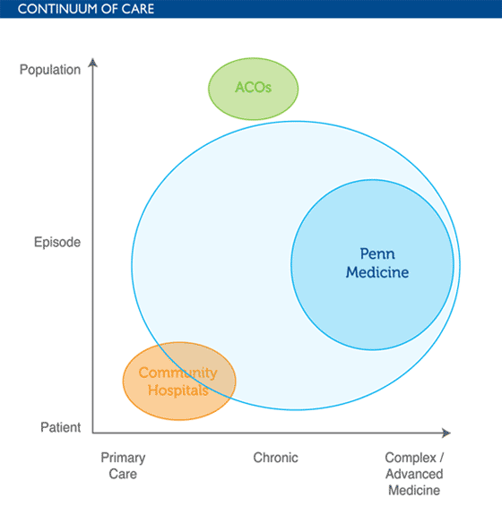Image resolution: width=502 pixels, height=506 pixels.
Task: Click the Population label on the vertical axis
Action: click(x=49, y=69)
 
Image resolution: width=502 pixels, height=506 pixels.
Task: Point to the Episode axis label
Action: click(x=57, y=242)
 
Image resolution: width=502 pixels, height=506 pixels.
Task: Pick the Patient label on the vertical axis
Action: click(x=60, y=428)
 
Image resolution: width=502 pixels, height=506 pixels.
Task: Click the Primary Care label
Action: click(x=123, y=466)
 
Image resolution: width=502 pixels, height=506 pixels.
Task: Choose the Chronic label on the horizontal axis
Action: click(x=275, y=458)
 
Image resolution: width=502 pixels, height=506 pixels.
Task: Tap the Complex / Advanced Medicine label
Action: click(x=414, y=474)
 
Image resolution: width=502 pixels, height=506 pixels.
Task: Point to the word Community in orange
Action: click(x=177, y=373)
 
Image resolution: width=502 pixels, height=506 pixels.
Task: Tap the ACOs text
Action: click(x=253, y=88)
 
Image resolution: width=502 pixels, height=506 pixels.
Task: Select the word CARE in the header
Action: click(x=137, y=9)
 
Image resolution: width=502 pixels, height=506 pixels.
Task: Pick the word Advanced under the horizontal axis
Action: click(x=414, y=474)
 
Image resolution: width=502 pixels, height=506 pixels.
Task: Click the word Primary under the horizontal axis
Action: click(x=123, y=458)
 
